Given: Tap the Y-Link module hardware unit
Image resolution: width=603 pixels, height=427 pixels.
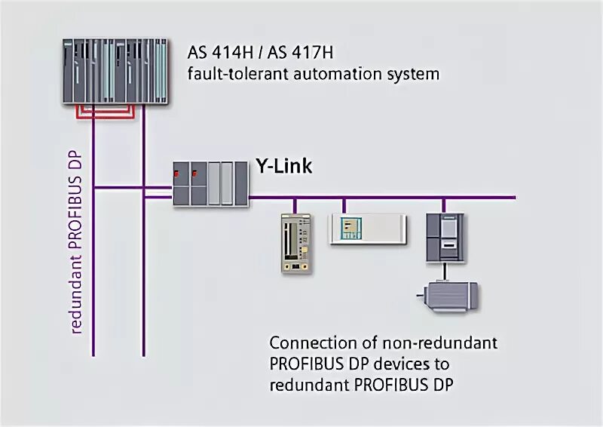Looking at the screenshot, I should click(210, 183).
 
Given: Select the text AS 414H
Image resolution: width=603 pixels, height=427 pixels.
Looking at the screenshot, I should click(216, 55).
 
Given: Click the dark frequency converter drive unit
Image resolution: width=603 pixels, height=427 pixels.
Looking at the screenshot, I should click(443, 238).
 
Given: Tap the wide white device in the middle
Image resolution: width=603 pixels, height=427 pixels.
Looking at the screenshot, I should click(367, 229).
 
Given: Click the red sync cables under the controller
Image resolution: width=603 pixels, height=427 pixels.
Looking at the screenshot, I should click(106, 113).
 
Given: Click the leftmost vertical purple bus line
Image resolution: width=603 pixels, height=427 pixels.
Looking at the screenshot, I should click(93, 264).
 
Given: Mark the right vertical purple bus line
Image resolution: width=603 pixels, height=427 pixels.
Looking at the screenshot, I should click(143, 264).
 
